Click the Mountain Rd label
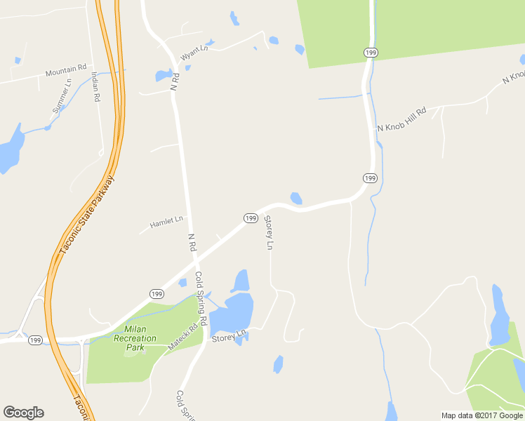(x=66, y=72)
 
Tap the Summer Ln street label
(x=62, y=96)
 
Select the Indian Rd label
(x=95, y=88)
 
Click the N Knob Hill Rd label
(x=401, y=120)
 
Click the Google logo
(x=23, y=413)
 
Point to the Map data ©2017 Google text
(x=482, y=415)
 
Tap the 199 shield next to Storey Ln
(x=250, y=218)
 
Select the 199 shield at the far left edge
(x=36, y=340)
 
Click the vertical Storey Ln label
(x=268, y=234)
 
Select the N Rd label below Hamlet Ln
(x=192, y=243)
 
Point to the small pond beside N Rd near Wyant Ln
(x=163, y=75)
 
